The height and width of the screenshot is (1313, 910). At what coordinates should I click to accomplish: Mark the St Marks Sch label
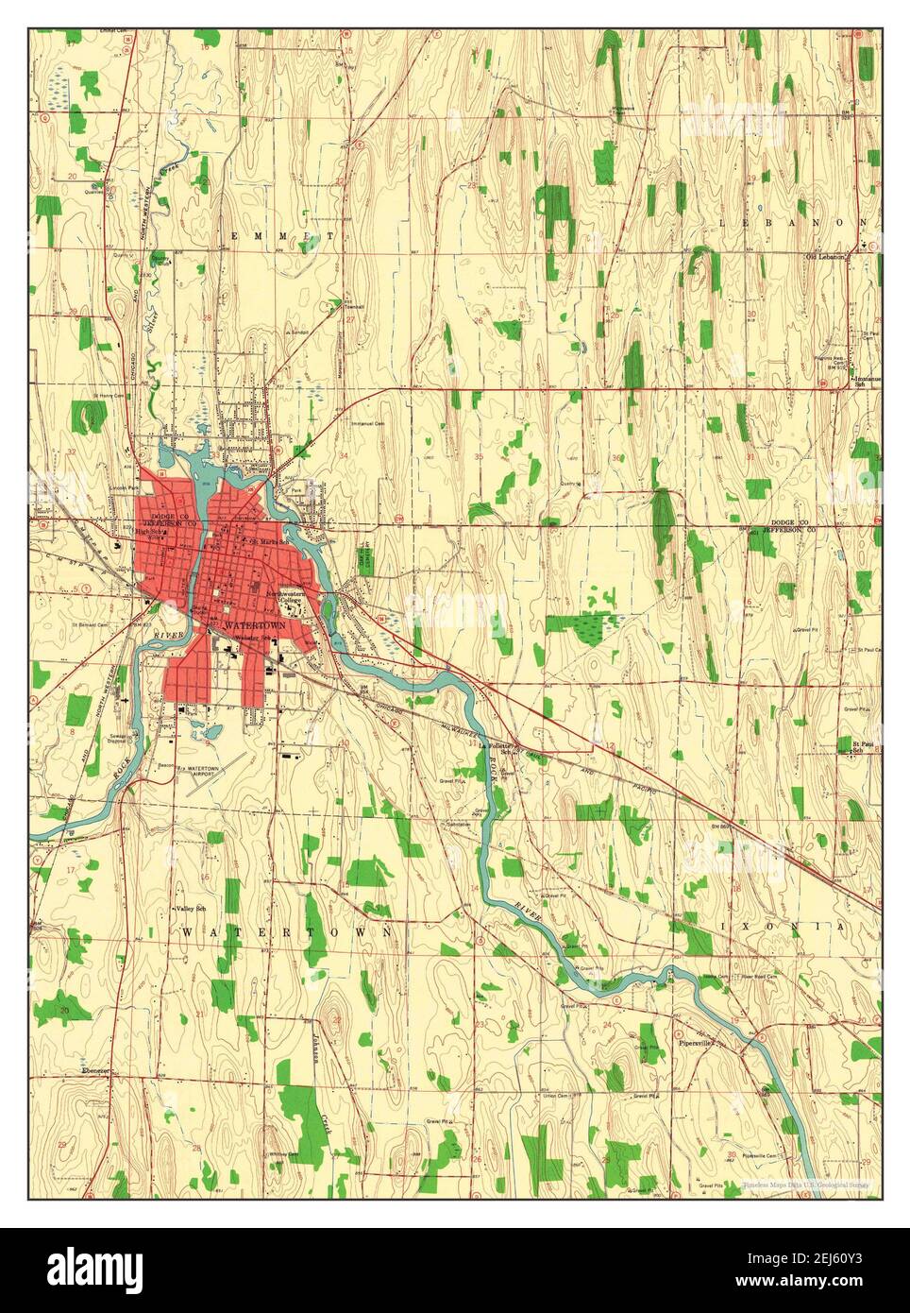[266, 540]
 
